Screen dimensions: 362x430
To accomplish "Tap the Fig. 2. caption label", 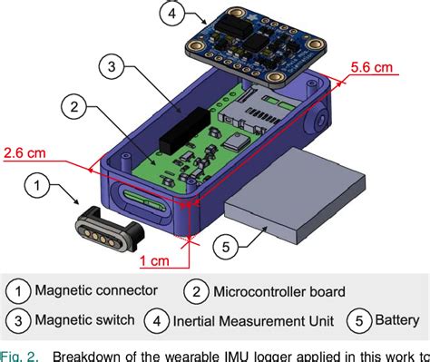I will click(20, 354).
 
